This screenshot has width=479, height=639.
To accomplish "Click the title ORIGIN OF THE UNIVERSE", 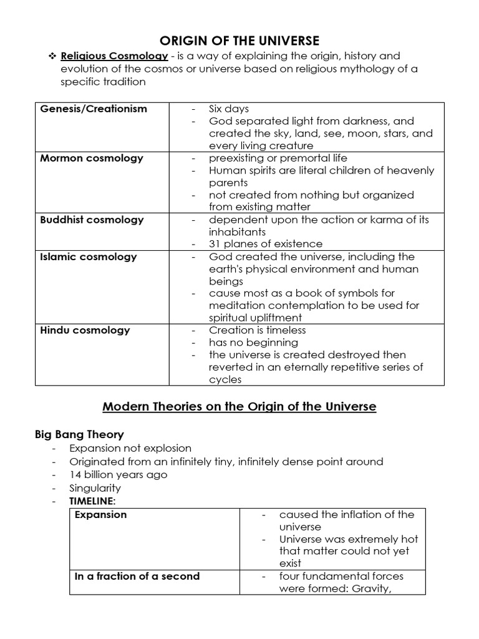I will [x=239, y=41].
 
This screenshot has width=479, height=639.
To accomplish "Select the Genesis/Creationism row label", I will [x=94, y=109].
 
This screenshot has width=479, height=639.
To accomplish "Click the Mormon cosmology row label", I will [x=92, y=158].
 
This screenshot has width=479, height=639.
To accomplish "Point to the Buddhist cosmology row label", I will [x=92, y=220].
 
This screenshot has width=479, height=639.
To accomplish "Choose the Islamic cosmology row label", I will [x=88, y=256].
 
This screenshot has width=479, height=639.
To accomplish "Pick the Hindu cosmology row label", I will [x=85, y=330].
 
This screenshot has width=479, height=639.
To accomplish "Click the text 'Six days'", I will [x=229, y=109].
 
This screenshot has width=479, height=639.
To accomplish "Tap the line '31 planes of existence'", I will [x=266, y=244].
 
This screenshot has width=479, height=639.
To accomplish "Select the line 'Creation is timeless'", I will [x=258, y=330].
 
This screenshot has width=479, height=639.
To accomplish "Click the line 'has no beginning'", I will [x=253, y=343].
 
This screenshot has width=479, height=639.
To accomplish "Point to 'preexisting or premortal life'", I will [x=278, y=158].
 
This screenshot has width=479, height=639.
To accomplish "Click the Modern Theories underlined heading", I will [x=239, y=407].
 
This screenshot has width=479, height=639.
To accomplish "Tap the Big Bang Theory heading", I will [x=79, y=434].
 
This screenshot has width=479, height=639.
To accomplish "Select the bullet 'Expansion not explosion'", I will [x=130, y=448].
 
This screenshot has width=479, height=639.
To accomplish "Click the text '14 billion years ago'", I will [x=118, y=475].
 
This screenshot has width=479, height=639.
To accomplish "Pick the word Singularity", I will [x=95, y=488].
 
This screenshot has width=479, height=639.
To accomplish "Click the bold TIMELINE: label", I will [x=94, y=501].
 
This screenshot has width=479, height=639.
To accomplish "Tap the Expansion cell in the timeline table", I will [x=100, y=515].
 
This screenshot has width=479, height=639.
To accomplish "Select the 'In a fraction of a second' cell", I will [x=137, y=576].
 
